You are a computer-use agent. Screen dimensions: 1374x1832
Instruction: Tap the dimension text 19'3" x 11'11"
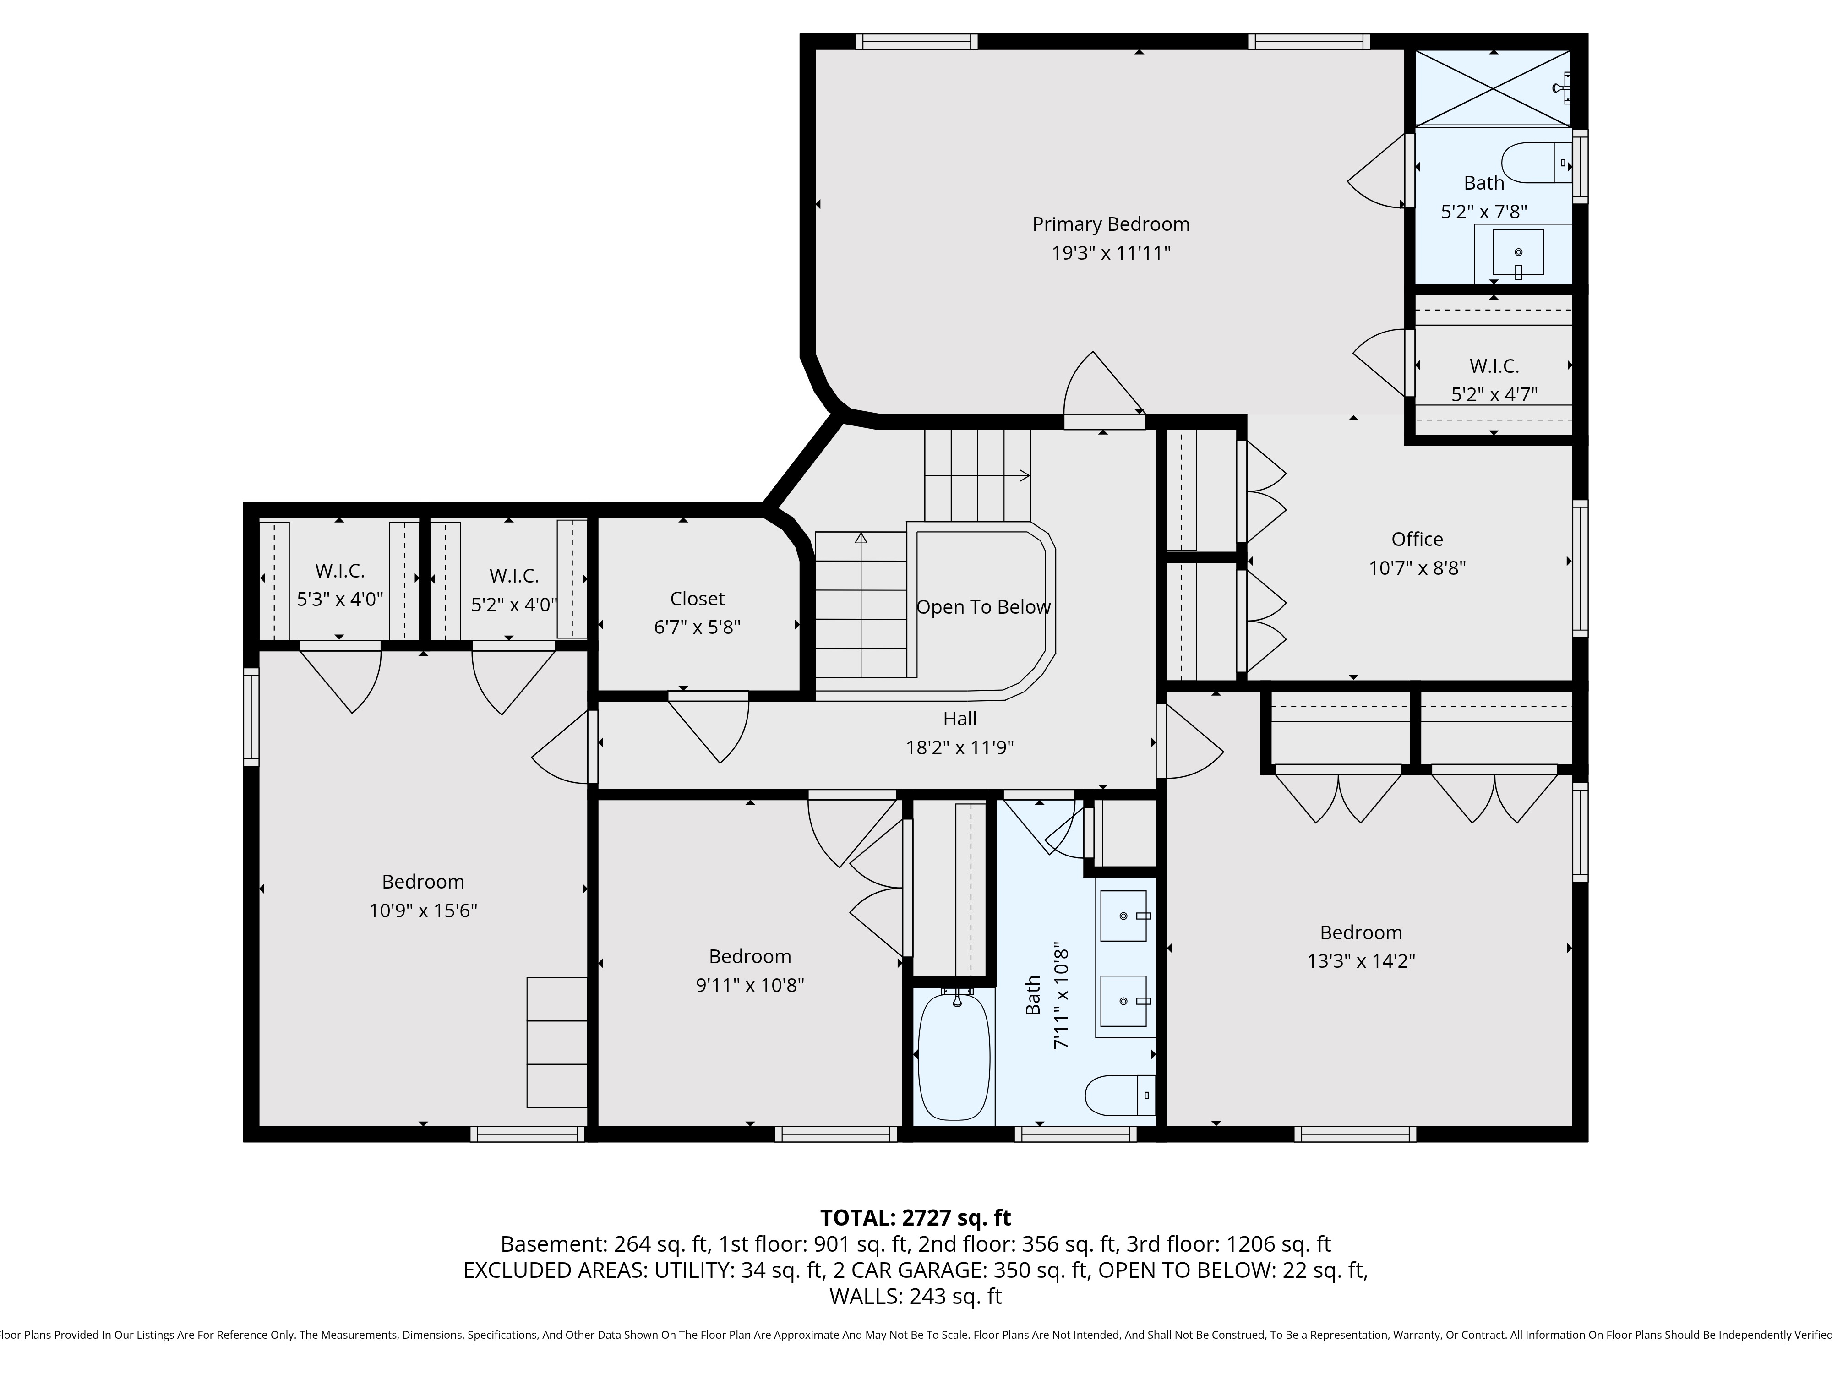tap(1111, 253)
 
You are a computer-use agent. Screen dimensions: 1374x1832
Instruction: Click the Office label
tap(1417, 539)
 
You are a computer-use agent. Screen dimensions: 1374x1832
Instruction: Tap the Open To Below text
tap(983, 607)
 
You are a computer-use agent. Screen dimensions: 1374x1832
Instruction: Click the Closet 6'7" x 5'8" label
tap(698, 599)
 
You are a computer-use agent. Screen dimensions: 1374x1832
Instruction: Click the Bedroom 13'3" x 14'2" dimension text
tap(1361, 961)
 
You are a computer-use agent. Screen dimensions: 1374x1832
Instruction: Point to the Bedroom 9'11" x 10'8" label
tap(750, 957)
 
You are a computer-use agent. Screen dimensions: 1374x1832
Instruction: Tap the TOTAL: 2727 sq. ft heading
tap(915, 1217)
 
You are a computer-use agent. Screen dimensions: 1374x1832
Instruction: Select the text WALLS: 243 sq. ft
tap(915, 1296)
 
